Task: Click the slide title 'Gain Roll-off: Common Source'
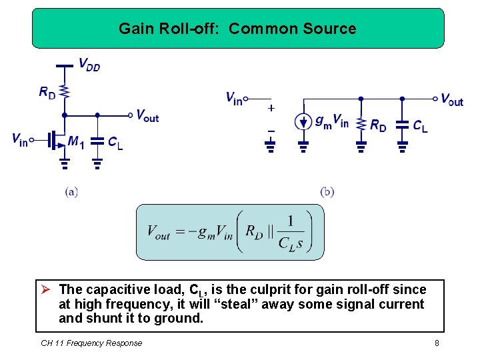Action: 237,29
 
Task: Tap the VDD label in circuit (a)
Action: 89,65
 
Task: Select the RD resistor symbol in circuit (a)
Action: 64,91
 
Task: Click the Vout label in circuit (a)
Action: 147,115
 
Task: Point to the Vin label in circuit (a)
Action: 19,139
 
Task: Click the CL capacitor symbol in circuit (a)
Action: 97,141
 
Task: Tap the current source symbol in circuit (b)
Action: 303,123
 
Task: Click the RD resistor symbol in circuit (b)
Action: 361,124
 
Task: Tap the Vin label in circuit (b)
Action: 234,99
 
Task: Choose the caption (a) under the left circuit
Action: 71,192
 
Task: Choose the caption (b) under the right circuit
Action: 327,192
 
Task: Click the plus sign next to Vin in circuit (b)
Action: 271,107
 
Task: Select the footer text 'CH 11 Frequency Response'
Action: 91,343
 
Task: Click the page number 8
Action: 437,343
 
